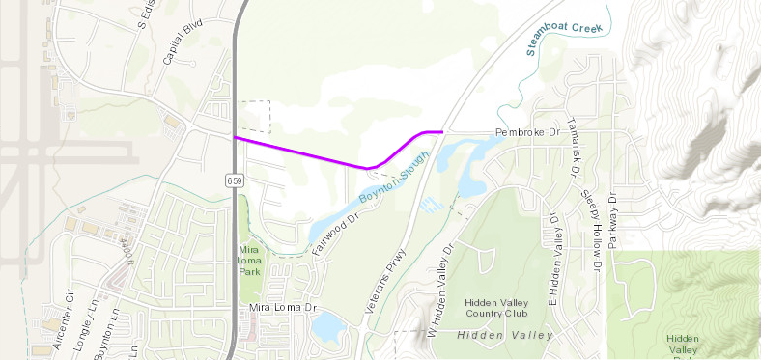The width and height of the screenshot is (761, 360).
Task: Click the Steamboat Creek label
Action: [564, 37]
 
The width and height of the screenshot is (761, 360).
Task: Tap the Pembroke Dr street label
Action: [527, 130]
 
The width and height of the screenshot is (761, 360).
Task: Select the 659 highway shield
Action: [236, 180]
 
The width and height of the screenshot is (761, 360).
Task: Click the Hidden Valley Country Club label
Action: [496, 307]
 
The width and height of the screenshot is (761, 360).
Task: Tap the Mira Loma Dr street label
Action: [284, 307]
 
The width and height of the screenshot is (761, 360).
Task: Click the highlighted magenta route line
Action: [299, 153]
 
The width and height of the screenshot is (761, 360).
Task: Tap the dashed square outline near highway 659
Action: [256, 116]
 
